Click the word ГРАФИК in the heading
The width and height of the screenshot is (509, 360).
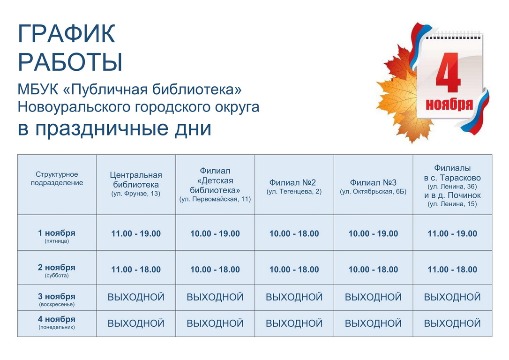[x=67, y=33]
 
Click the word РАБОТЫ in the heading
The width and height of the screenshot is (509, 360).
[x=70, y=62]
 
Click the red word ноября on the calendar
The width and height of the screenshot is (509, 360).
[x=449, y=105]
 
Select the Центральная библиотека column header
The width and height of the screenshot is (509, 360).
[x=136, y=184]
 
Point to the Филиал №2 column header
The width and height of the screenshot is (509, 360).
[x=294, y=187]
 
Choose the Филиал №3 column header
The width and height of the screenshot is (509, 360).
[x=373, y=187]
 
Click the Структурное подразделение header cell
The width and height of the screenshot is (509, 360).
[x=57, y=179]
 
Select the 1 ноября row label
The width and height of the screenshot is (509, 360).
[x=57, y=236]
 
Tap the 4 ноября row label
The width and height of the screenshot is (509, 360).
[x=57, y=322]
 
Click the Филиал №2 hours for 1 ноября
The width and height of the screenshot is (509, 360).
[x=294, y=233]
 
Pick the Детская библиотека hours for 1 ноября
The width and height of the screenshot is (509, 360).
[x=215, y=233]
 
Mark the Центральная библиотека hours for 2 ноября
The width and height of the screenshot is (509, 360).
[x=136, y=270]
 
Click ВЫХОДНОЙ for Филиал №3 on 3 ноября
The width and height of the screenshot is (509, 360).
[x=373, y=297]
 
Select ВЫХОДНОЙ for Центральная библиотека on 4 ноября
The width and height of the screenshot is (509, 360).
[x=136, y=323]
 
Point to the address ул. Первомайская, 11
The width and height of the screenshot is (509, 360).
[x=215, y=199]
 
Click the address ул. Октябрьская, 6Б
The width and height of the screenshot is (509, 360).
[x=373, y=192]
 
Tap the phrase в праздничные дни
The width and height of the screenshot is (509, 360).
[x=114, y=128]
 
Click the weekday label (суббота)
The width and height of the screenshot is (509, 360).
[x=57, y=276]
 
